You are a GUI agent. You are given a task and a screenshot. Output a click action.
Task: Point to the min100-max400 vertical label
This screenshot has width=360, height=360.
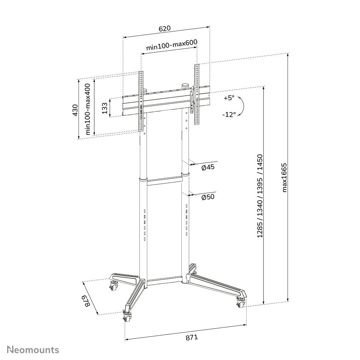tap(87, 109)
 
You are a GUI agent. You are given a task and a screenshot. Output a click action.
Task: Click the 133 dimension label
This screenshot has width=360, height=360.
tap(105, 108)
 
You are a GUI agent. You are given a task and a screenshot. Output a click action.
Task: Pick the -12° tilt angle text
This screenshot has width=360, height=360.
tap(229, 114)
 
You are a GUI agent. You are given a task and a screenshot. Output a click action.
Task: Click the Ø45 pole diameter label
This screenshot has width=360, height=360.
tap(208, 168)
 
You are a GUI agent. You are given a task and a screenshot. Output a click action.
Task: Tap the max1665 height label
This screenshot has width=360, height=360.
tap(285, 177)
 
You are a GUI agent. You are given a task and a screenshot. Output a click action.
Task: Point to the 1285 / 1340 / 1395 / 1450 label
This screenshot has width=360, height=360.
tap(260, 196)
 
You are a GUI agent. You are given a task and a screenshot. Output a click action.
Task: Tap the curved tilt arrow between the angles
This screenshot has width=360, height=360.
tap(242, 106)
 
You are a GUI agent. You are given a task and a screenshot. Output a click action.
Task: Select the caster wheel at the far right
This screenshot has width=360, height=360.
tap(240, 303)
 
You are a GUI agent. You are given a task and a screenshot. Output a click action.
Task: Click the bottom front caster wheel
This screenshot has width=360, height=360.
tap(127, 316)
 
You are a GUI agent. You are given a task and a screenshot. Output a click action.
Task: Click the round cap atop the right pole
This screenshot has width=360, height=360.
tap(185, 86)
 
